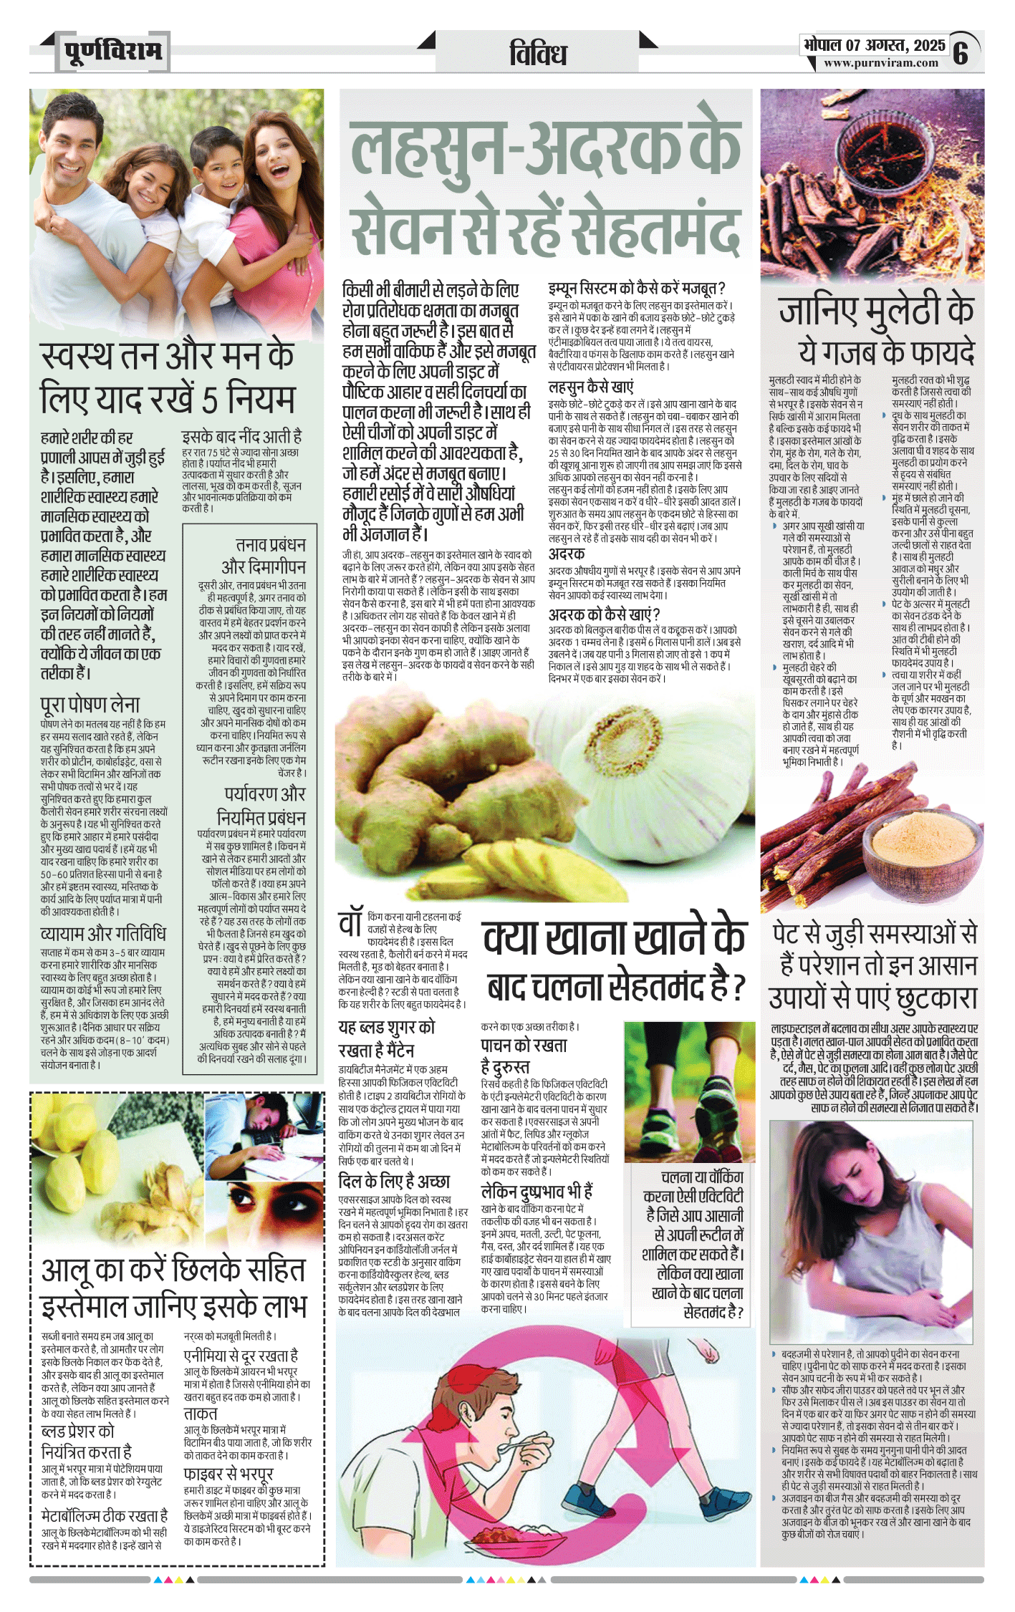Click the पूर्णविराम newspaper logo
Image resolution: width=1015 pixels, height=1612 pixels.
tap(112, 52)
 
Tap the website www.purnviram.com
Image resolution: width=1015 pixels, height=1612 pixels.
tap(880, 63)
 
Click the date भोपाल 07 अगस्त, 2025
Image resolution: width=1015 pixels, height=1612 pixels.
tap(874, 45)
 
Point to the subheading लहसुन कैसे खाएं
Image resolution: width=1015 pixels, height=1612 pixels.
tap(591, 387)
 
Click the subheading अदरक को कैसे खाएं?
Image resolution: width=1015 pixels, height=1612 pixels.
tap(604, 614)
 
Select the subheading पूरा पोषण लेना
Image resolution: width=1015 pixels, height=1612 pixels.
tap(90, 705)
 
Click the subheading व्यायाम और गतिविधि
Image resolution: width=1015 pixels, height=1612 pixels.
tap(103, 934)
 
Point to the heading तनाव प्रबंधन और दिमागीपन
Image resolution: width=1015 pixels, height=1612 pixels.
tap(263, 556)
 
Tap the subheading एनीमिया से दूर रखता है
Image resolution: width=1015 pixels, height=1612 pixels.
tap(241, 1356)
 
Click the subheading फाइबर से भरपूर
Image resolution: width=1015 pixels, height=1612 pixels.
tap(229, 1474)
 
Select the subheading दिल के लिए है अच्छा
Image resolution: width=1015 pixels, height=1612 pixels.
tap(394, 1181)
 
